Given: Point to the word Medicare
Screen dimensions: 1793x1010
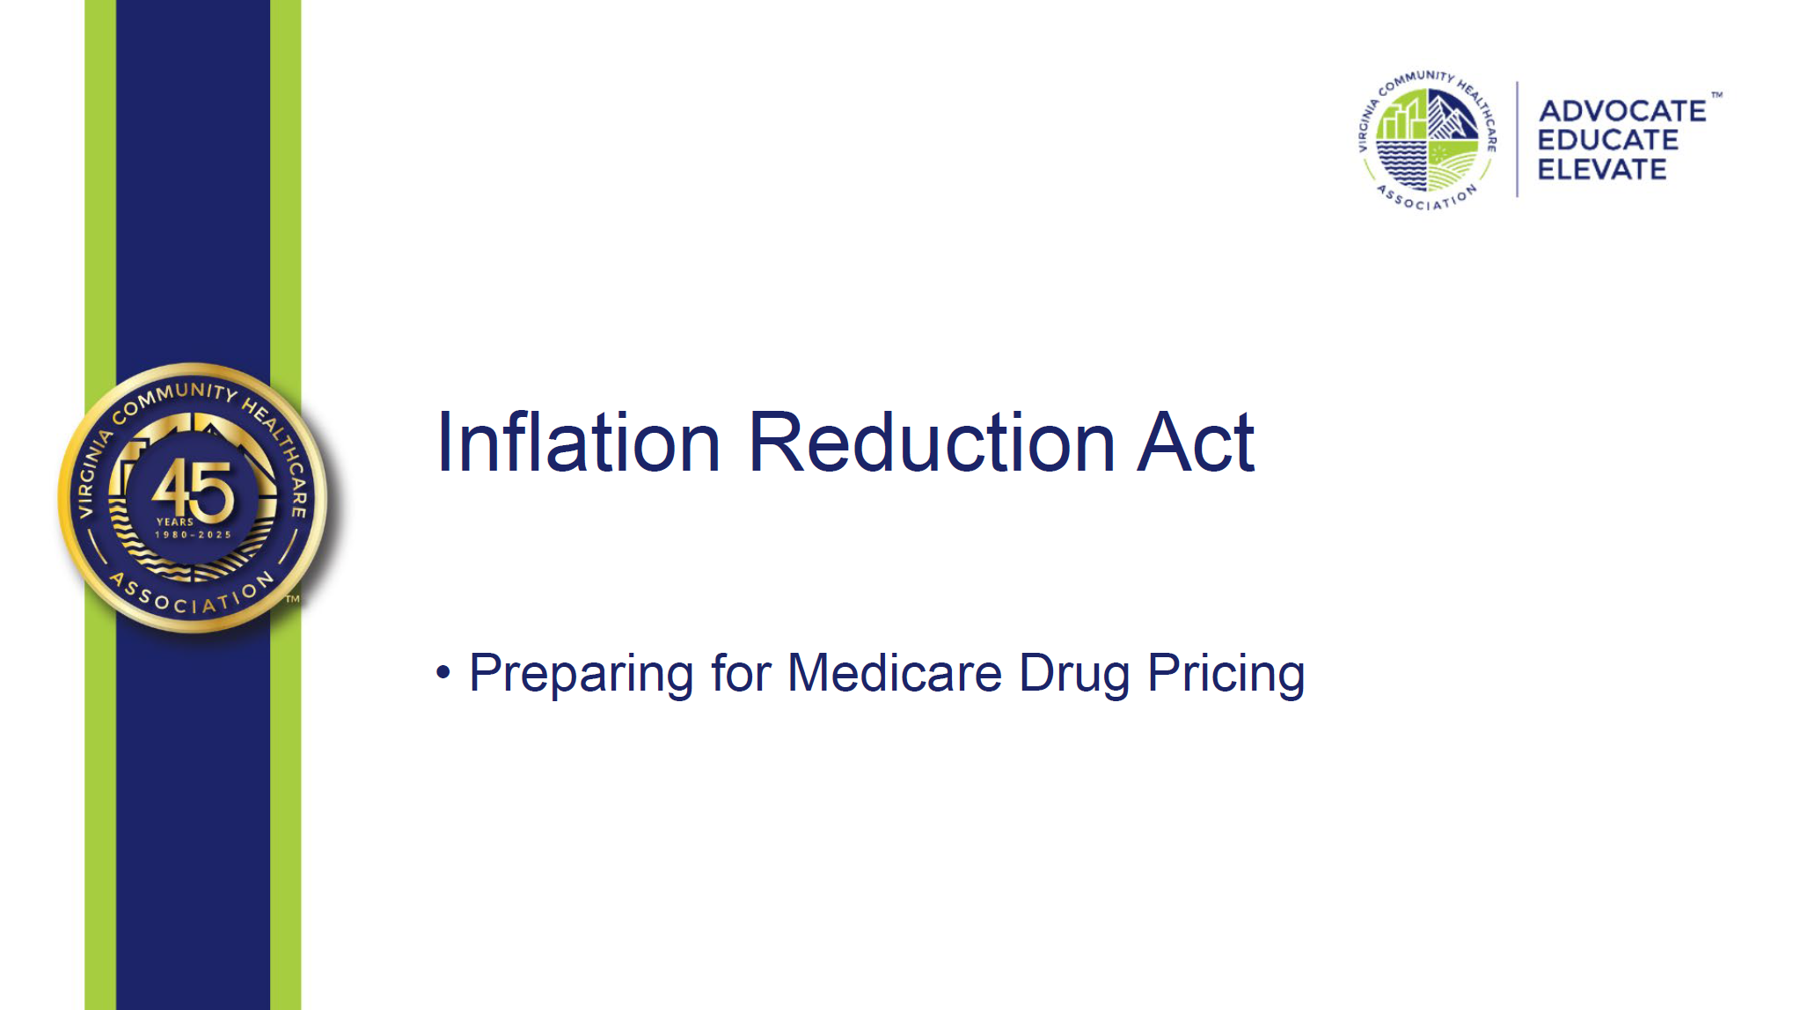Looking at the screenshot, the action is point(894,674).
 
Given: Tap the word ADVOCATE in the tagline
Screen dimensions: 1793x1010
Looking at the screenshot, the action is point(1622,111).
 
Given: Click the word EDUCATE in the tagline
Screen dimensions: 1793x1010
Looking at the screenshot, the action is point(1608,140).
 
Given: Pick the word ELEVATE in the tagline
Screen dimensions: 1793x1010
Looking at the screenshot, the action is point(1602,169).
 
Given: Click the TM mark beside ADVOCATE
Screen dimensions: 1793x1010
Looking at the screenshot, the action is point(1716,95).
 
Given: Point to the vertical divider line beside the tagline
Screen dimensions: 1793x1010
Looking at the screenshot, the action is point(1518,139).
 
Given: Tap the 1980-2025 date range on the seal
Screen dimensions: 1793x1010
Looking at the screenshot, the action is point(194,534).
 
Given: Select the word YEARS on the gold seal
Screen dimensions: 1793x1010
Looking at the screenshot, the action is point(175,522).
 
